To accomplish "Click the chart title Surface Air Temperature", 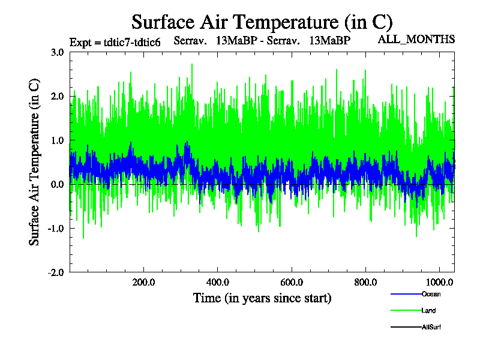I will [x=262, y=22].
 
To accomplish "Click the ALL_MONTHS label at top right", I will [x=416, y=40].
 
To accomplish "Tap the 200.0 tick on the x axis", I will [x=143, y=283].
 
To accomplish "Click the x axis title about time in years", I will [x=262, y=298].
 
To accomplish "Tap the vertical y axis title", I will [x=35, y=162].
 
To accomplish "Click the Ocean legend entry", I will [x=430, y=294].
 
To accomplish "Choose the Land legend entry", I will [x=428, y=311].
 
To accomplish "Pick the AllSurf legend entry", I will [x=431, y=327].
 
